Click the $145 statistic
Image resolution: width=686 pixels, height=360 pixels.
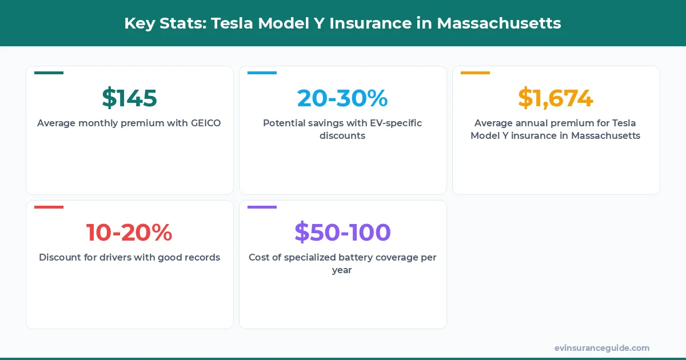pos(129,98)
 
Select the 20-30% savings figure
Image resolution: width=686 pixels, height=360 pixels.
pos(342,98)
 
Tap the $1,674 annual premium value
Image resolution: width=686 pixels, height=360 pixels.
pos(556,98)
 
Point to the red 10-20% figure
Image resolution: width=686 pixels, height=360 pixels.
pos(129,232)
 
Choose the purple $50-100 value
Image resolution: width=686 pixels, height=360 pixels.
pos(342,232)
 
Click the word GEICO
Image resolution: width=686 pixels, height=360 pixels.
pos(206,123)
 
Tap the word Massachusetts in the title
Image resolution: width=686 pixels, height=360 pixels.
pos(499,23)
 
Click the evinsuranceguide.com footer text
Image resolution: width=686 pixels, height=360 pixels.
pos(601,348)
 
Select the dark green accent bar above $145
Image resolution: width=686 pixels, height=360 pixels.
pos(49,73)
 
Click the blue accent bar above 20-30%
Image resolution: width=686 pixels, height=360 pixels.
pos(262,73)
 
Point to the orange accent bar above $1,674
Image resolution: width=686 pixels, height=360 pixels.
pos(475,73)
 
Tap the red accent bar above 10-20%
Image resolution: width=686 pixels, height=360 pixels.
pos(49,207)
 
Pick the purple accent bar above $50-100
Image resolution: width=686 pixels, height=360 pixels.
pos(262,207)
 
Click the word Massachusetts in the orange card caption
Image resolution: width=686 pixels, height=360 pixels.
pos(605,135)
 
